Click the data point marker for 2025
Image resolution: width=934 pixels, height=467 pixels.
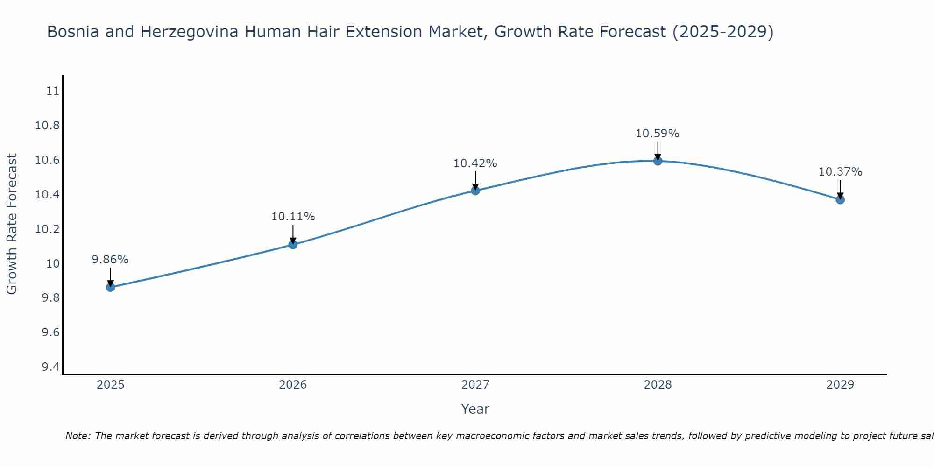pos(111,287)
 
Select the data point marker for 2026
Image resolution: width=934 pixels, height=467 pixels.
pos(293,244)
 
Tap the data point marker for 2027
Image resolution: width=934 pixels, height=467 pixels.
pos(475,191)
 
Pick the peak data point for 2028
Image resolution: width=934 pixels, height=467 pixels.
pos(658,161)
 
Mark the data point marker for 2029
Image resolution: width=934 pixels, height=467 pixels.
pos(840,200)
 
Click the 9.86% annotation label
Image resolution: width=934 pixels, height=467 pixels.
pos(110,260)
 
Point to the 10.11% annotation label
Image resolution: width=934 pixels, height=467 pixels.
pos(293,217)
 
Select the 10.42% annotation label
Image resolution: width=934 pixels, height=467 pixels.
pos(475,163)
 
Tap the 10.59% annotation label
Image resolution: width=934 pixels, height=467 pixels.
pos(657,134)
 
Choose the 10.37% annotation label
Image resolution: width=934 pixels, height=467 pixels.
pos(840,172)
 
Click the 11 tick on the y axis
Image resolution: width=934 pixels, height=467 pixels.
pos(53,91)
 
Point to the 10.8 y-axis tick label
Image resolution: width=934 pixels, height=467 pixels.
pos(48,126)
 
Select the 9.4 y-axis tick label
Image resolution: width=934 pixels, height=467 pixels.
pos(50,367)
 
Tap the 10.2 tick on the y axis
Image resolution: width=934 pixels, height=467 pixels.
pos(48,229)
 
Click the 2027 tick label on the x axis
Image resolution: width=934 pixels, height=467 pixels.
pos(475,385)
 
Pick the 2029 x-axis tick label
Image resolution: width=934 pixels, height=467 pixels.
pos(840,385)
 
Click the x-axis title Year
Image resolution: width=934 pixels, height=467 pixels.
pos(475,409)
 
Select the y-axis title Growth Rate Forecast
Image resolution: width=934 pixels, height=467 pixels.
pos(12,224)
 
